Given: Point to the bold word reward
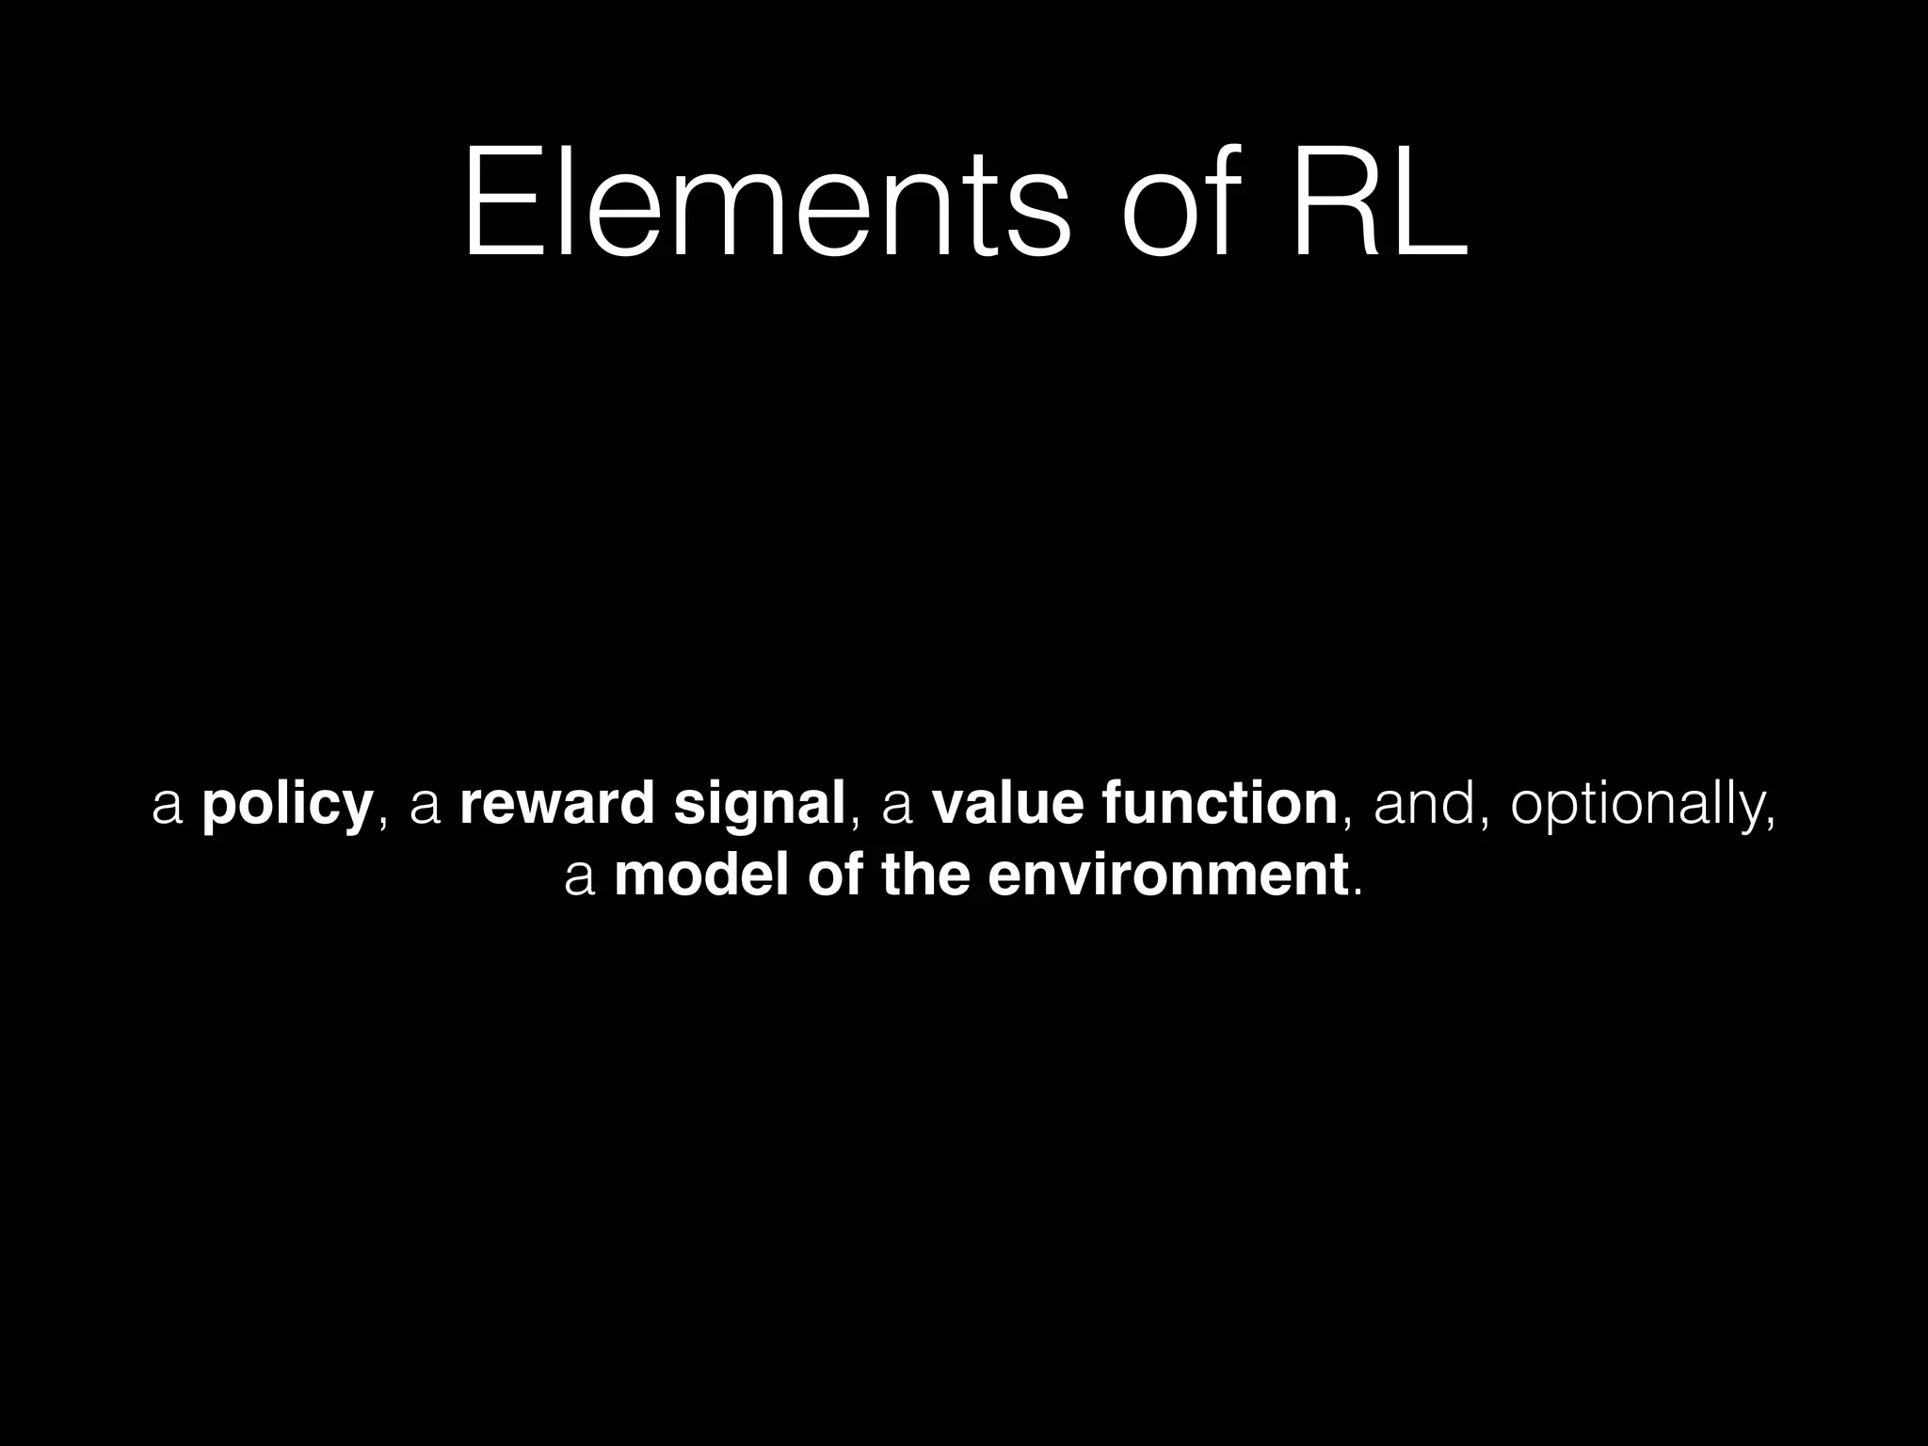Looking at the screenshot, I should [x=556, y=804].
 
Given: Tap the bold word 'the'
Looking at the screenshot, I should [x=924, y=876].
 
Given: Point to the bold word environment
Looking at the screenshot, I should [x=1167, y=876].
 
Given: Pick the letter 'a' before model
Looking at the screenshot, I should [x=580, y=879].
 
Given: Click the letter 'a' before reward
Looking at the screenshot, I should [x=426, y=809].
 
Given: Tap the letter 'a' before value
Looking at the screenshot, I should [x=898, y=809].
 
